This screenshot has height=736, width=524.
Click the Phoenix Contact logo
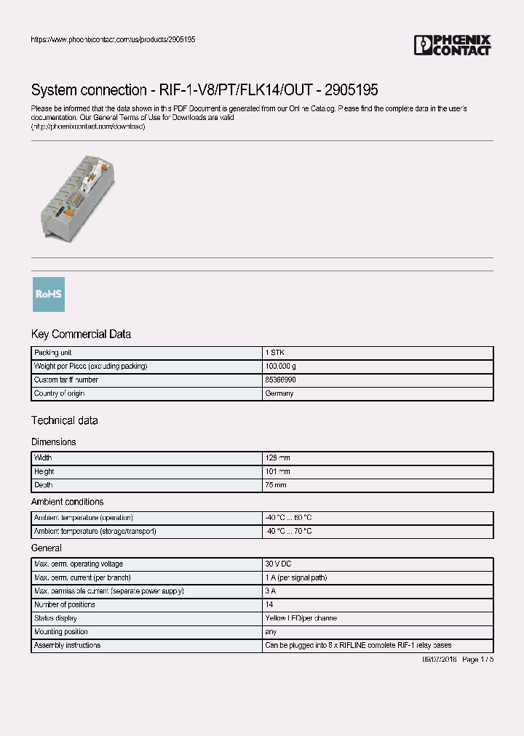click(x=452, y=45)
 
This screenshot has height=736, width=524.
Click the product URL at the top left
click(x=113, y=39)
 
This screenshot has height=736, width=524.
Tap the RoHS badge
click(x=49, y=295)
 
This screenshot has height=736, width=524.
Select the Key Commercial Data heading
click(x=81, y=335)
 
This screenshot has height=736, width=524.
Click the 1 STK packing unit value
click(x=274, y=353)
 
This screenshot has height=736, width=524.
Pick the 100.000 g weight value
click(x=280, y=367)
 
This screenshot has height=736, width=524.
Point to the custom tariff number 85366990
click(x=280, y=380)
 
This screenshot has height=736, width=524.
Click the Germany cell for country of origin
click(x=279, y=393)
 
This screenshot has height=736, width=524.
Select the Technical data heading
click(x=64, y=420)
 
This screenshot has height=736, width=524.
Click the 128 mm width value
click(x=277, y=458)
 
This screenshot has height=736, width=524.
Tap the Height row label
click(x=44, y=471)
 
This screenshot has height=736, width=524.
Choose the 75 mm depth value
click(x=276, y=485)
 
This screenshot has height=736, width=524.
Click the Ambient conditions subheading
click(x=67, y=502)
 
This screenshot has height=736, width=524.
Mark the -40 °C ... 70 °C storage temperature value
click(x=288, y=532)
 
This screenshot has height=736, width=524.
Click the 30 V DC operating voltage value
click(x=278, y=564)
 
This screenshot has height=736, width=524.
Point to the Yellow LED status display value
click(x=301, y=618)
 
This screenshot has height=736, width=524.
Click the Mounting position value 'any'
click(x=271, y=632)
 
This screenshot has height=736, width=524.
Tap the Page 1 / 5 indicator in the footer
click(x=477, y=659)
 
